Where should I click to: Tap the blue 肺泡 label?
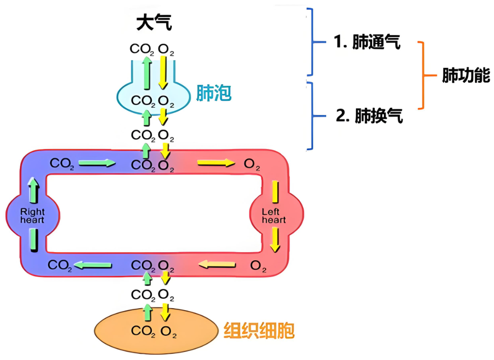(214, 94)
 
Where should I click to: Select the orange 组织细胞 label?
(259, 331)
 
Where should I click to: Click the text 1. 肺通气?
(367, 42)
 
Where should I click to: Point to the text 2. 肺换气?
(369, 116)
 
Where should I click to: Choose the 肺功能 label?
(466, 76)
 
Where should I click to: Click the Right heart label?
(32, 216)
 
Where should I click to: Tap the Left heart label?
(274, 216)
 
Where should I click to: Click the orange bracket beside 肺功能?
(421, 76)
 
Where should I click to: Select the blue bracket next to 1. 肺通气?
(311, 42)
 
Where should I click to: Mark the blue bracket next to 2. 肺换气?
(311, 116)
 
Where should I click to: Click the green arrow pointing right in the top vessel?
(97, 163)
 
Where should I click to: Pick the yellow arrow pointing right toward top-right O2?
(216, 163)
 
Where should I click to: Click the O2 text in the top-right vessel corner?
(252, 164)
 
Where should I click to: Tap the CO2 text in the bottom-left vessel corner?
(60, 265)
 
